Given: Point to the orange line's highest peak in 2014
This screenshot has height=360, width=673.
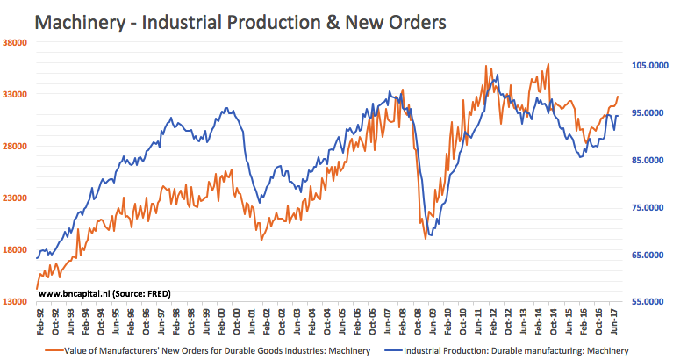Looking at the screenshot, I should click(548, 63).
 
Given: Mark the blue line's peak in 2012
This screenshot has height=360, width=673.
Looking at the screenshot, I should click(498, 75).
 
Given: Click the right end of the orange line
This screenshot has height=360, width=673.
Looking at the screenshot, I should click(618, 97).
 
